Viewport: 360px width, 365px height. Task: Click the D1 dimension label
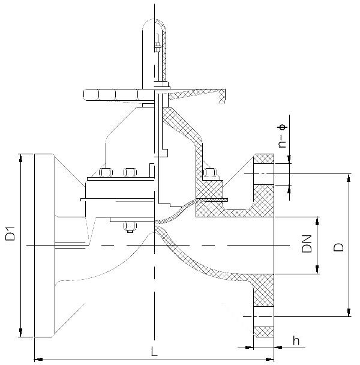(10, 234)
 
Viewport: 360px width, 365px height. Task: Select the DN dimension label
(307, 244)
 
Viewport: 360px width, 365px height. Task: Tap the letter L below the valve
(154, 351)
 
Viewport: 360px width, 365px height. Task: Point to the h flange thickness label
(296, 340)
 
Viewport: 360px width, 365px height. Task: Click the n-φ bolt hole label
(282, 136)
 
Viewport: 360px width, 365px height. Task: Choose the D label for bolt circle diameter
(338, 247)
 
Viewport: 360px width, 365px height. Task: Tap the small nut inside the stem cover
(158, 47)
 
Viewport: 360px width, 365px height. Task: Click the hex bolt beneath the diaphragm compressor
(130, 227)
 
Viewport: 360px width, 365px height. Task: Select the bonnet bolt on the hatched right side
(210, 172)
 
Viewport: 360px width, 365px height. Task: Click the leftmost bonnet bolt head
(106, 172)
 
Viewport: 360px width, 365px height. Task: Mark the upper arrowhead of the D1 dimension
(21, 158)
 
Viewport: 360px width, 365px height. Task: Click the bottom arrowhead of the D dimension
(349, 313)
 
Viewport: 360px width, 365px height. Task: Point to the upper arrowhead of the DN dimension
(317, 221)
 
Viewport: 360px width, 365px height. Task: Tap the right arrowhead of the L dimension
(270, 359)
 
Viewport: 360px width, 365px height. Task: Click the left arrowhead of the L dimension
(38, 359)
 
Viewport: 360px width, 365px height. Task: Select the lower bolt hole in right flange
(263, 316)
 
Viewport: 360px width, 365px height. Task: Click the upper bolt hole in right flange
(263, 174)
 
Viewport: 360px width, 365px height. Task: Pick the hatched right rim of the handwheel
(222, 96)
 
